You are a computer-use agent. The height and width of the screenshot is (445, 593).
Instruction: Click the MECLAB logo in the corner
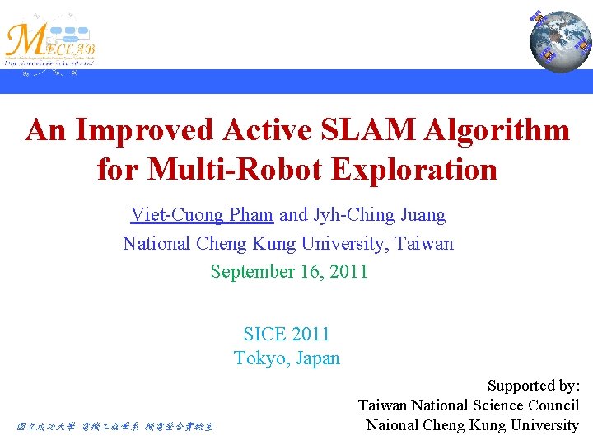51,42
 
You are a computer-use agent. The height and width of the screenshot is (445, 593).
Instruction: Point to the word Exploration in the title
414,170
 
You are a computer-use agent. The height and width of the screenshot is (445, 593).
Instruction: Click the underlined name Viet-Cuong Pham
202,216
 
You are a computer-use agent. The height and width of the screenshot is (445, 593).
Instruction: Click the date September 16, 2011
288,272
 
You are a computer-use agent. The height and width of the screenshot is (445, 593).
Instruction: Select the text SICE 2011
287,335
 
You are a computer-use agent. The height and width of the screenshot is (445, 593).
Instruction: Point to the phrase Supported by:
534,386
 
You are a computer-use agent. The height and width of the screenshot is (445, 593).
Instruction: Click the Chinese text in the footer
115,427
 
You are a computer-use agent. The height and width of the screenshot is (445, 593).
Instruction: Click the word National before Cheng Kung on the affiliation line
157,244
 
